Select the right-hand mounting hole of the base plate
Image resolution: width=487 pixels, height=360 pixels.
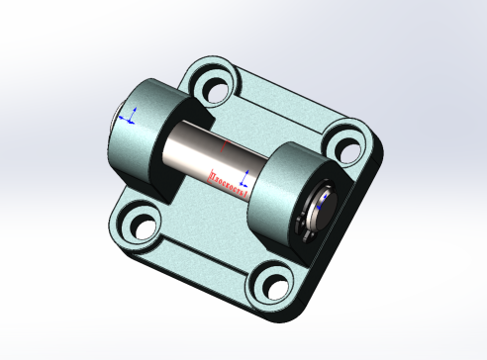click(x=345, y=143)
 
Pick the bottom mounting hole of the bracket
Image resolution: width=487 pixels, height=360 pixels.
click(x=269, y=288)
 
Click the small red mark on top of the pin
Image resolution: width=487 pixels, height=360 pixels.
click(x=226, y=144)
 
